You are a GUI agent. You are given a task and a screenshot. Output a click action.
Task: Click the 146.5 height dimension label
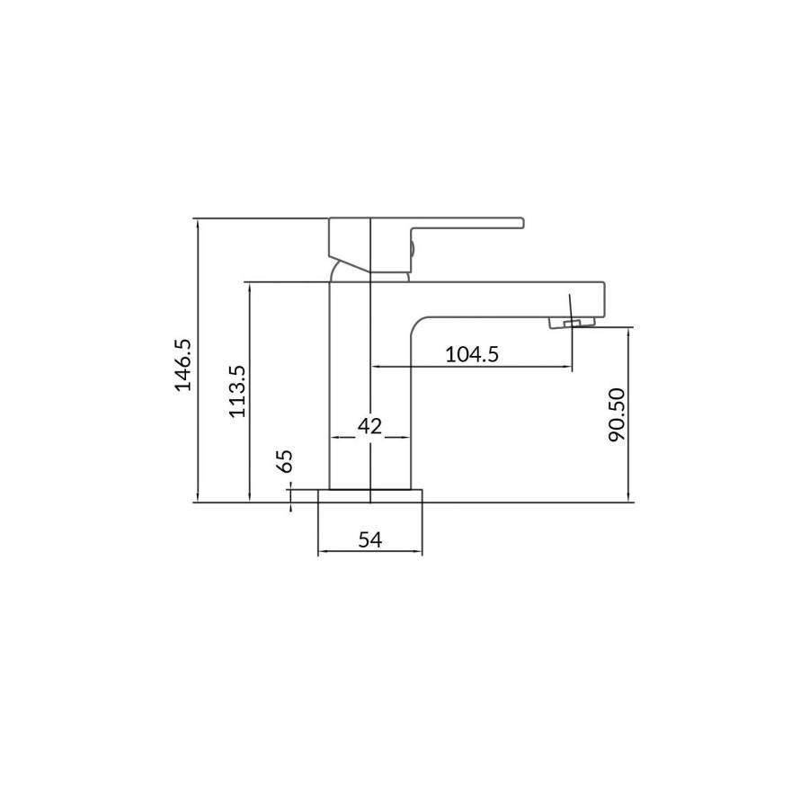pos(184,364)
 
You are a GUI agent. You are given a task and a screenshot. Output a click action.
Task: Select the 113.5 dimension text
pos(236,392)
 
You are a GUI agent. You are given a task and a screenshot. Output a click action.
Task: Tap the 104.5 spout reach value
pos(472,354)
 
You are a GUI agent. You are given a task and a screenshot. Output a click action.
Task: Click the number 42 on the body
pos(370,425)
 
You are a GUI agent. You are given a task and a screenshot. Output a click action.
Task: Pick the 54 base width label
pos(370,539)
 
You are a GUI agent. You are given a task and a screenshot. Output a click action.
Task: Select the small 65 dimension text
pos(285,461)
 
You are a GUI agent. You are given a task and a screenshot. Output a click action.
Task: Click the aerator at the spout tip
pos(572,323)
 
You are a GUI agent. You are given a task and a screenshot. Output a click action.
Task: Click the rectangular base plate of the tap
pos(370,495)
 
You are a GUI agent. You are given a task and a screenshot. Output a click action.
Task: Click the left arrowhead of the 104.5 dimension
pos(375,367)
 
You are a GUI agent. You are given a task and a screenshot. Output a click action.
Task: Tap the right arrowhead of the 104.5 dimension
pos(567,367)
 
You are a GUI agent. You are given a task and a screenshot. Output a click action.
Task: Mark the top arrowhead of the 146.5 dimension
pos(197,222)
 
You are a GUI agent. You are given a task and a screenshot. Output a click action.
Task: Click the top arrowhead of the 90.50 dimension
pos(627,331)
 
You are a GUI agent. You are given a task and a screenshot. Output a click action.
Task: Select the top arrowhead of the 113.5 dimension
pos(249,286)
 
